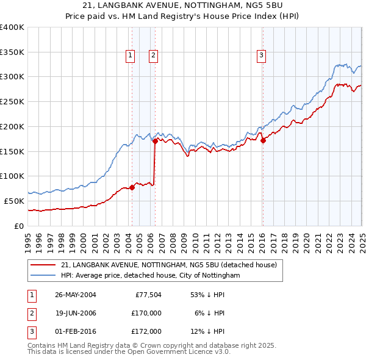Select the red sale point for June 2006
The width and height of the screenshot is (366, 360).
coord(155,141)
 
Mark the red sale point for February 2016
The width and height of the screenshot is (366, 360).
coord(263,140)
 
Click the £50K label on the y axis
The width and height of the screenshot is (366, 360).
coord(14,201)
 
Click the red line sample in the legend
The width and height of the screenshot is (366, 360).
coord(42,265)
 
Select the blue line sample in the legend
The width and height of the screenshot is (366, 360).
coord(42,276)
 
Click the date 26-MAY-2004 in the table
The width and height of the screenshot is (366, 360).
coord(75,295)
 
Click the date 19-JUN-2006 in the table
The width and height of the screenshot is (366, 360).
coord(75,313)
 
